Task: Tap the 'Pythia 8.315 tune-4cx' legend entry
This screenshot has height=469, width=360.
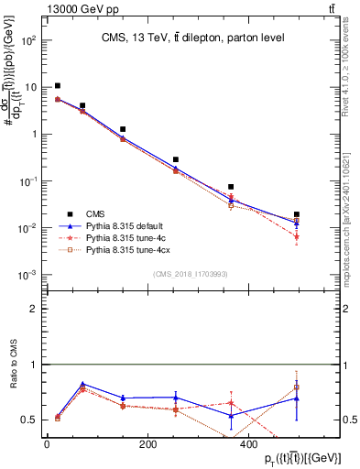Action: click(129, 248)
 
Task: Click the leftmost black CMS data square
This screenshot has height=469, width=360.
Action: click(58, 86)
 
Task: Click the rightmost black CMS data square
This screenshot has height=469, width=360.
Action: click(297, 214)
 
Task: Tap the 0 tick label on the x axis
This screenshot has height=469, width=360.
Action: click(47, 445)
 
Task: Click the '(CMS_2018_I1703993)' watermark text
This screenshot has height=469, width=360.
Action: click(189, 273)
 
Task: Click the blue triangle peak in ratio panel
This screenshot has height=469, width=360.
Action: click(83, 384)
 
